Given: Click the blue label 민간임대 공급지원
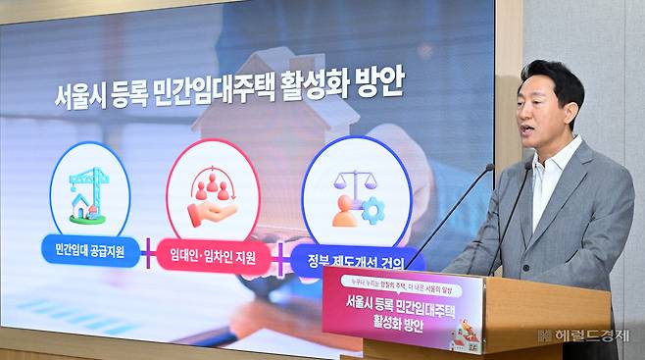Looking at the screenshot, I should click(83, 250).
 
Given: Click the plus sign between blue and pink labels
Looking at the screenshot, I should click(144, 255).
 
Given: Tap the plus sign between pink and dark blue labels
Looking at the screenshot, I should click(278, 260).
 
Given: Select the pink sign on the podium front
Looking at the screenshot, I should click(402, 313).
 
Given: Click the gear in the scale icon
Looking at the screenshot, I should click(372, 209).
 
